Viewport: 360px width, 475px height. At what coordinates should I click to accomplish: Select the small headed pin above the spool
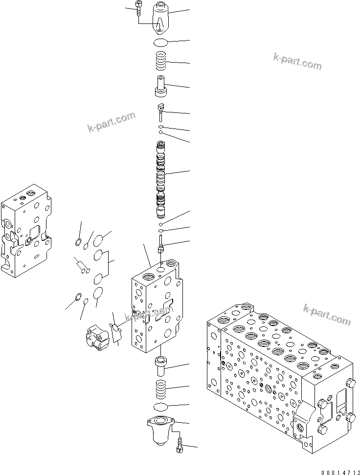(161, 111)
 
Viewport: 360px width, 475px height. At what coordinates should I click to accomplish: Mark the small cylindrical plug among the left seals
(81, 266)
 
